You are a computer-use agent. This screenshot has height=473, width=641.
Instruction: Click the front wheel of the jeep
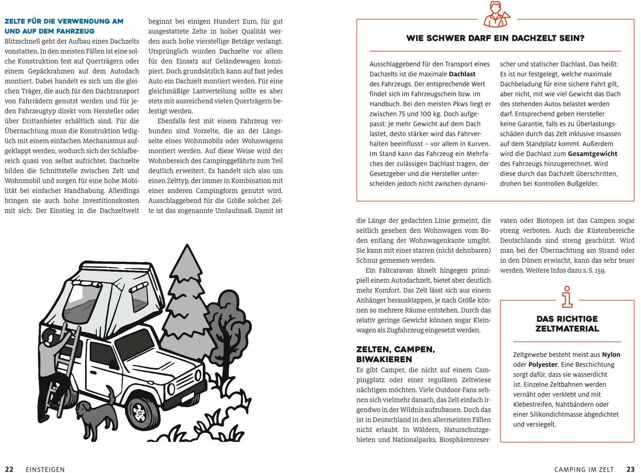tap(139, 412)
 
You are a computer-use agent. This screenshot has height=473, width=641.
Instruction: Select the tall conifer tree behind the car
tap(186, 302)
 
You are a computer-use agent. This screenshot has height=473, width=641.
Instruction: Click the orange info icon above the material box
tap(566, 297)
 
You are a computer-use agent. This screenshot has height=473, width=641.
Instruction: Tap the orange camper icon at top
tap(495, 14)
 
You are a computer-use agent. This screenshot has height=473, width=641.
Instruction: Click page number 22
tap(9, 469)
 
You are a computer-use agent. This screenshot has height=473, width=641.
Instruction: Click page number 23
tap(630, 469)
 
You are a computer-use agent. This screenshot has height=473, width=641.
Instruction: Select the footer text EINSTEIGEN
tap(45, 469)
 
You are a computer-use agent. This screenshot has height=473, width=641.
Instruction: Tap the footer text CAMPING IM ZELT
tap(584, 469)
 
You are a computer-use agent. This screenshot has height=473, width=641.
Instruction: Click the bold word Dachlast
tap(462, 74)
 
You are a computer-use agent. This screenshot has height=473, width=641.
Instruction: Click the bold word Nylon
tap(611, 355)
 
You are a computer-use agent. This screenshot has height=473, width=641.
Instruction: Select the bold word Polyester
tap(543, 365)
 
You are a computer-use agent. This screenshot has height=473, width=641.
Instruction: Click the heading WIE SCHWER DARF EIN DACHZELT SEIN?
tap(495, 39)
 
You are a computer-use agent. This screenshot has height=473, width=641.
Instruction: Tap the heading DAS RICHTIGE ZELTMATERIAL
tap(567, 324)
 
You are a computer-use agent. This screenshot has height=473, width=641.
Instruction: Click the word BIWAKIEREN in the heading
tap(384, 359)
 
